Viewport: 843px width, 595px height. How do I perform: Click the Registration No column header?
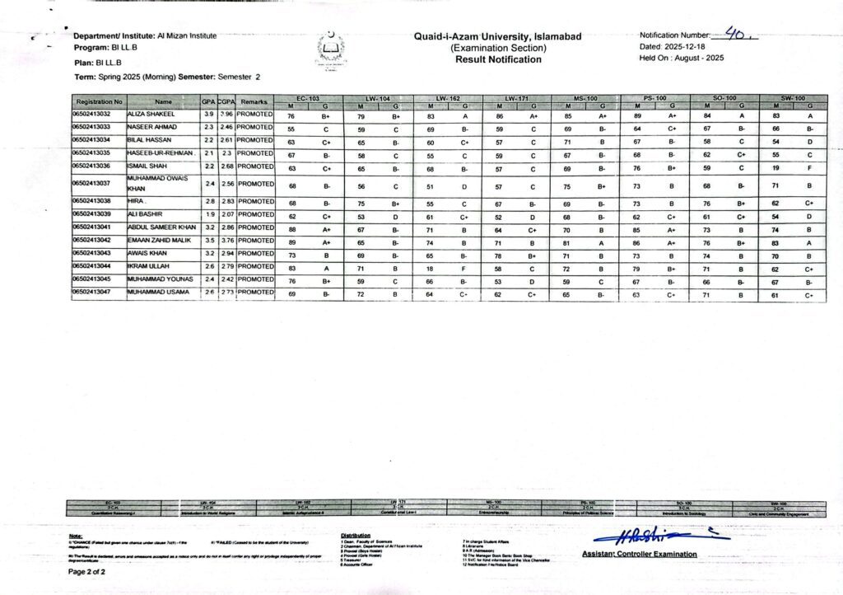[99, 101]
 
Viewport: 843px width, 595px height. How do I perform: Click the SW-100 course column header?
[791, 98]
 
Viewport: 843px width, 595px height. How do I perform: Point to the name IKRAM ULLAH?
[149, 266]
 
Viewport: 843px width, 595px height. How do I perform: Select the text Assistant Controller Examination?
[639, 555]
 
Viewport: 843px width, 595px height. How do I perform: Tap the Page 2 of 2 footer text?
[91, 571]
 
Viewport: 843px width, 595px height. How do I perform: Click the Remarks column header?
[254, 101]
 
